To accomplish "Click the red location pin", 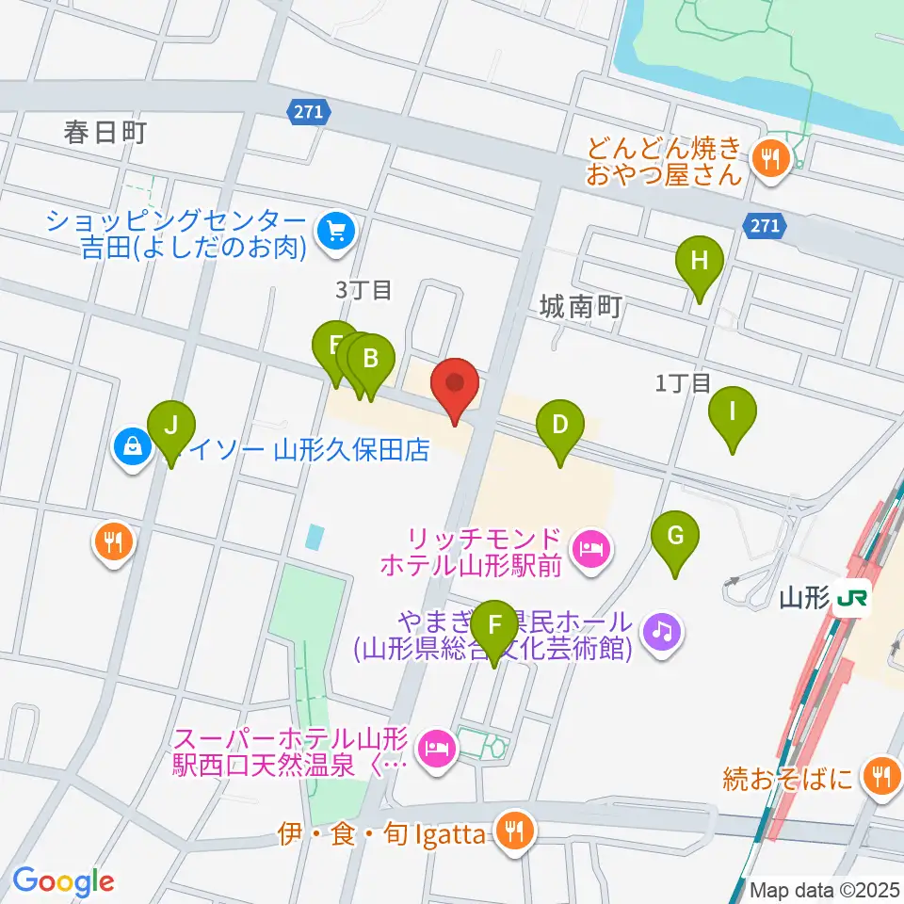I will pos(455,384).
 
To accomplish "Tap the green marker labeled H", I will pos(699,262).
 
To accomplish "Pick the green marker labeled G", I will pos(675,537).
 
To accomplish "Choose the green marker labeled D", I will pos(560,425).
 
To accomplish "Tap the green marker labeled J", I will pos(170,426).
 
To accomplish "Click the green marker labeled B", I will pos(371,359).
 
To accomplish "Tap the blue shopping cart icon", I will pos(332,229).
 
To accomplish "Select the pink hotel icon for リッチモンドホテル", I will pos(590,546).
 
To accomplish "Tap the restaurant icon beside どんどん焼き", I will pos(770,159).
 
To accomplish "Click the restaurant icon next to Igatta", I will pos(513,832).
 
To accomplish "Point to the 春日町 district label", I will pos(105,133).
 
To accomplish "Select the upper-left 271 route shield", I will pos(308,112).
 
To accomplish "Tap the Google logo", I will pos(63,880).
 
